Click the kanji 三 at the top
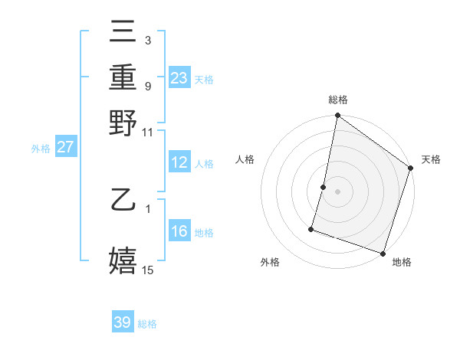click(123, 31)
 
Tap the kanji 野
click(123, 123)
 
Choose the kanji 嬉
click(123, 260)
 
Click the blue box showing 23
click(179, 78)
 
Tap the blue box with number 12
click(179, 162)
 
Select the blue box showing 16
click(179, 231)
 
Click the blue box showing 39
click(123, 322)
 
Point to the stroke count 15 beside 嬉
click(148, 270)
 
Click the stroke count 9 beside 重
click(148, 86)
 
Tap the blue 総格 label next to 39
click(147, 324)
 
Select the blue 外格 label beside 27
click(40, 149)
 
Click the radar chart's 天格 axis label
click(431, 159)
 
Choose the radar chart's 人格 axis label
click(245, 159)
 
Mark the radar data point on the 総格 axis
click(337, 116)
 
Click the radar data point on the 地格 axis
click(383, 253)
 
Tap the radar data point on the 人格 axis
click(324, 186)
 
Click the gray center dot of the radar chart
click(337, 191)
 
